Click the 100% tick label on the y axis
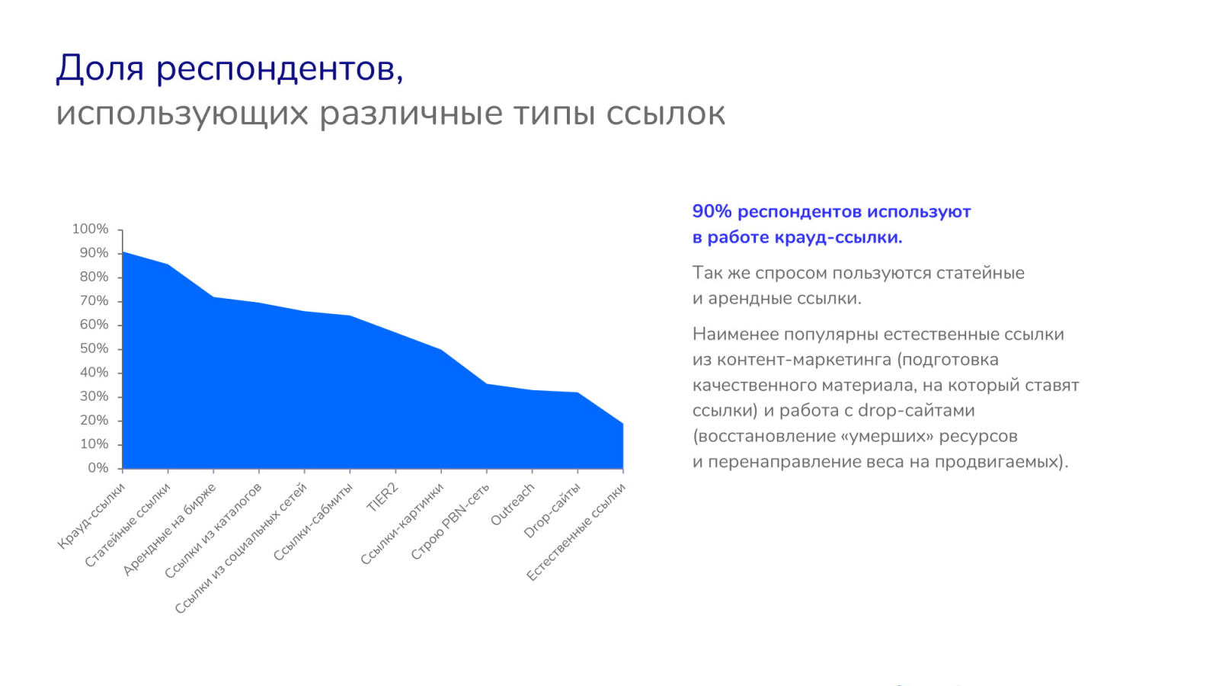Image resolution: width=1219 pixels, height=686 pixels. click(91, 229)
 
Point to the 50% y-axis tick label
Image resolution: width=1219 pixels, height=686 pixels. click(94, 348)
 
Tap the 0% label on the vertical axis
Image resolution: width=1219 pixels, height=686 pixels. click(98, 468)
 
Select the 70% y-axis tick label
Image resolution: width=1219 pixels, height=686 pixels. click(94, 301)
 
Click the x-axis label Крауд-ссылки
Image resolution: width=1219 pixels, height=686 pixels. click(91, 515)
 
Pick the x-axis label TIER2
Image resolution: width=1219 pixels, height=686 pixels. click(382, 498)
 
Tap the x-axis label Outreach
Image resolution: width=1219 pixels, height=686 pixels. click(513, 505)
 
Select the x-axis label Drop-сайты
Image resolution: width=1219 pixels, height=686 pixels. click(552, 511)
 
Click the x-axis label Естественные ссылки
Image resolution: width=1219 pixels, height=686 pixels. click(576, 532)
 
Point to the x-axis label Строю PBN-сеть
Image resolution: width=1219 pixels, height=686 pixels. click(450, 521)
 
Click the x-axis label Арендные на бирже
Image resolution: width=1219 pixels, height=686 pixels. click(169, 529)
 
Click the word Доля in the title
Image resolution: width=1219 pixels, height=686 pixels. click(100, 69)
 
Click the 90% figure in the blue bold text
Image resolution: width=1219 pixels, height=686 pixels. click(712, 211)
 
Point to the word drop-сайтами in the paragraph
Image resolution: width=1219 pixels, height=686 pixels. click(917, 411)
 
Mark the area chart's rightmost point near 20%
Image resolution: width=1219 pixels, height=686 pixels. click(623, 424)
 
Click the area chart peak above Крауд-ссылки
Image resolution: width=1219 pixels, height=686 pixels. click(123, 252)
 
